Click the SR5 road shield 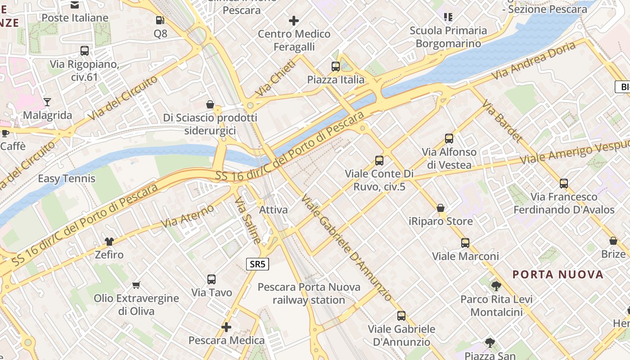tap(257, 264)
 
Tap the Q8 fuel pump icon tap(160, 20)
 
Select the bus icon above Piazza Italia tap(335, 67)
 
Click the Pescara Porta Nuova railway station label tap(309, 293)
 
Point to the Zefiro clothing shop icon tap(109, 242)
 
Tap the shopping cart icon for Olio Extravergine tap(136, 285)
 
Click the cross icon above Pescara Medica tap(226, 327)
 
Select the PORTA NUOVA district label tap(558, 274)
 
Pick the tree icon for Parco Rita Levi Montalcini tap(496, 286)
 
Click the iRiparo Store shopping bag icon tap(441, 208)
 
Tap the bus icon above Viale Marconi tap(465, 243)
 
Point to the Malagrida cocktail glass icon tap(47, 102)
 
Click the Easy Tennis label tap(67, 179)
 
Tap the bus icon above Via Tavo tap(211, 279)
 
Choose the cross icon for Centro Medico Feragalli tap(294, 21)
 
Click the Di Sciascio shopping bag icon tap(210, 104)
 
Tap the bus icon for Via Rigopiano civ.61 tap(84, 51)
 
